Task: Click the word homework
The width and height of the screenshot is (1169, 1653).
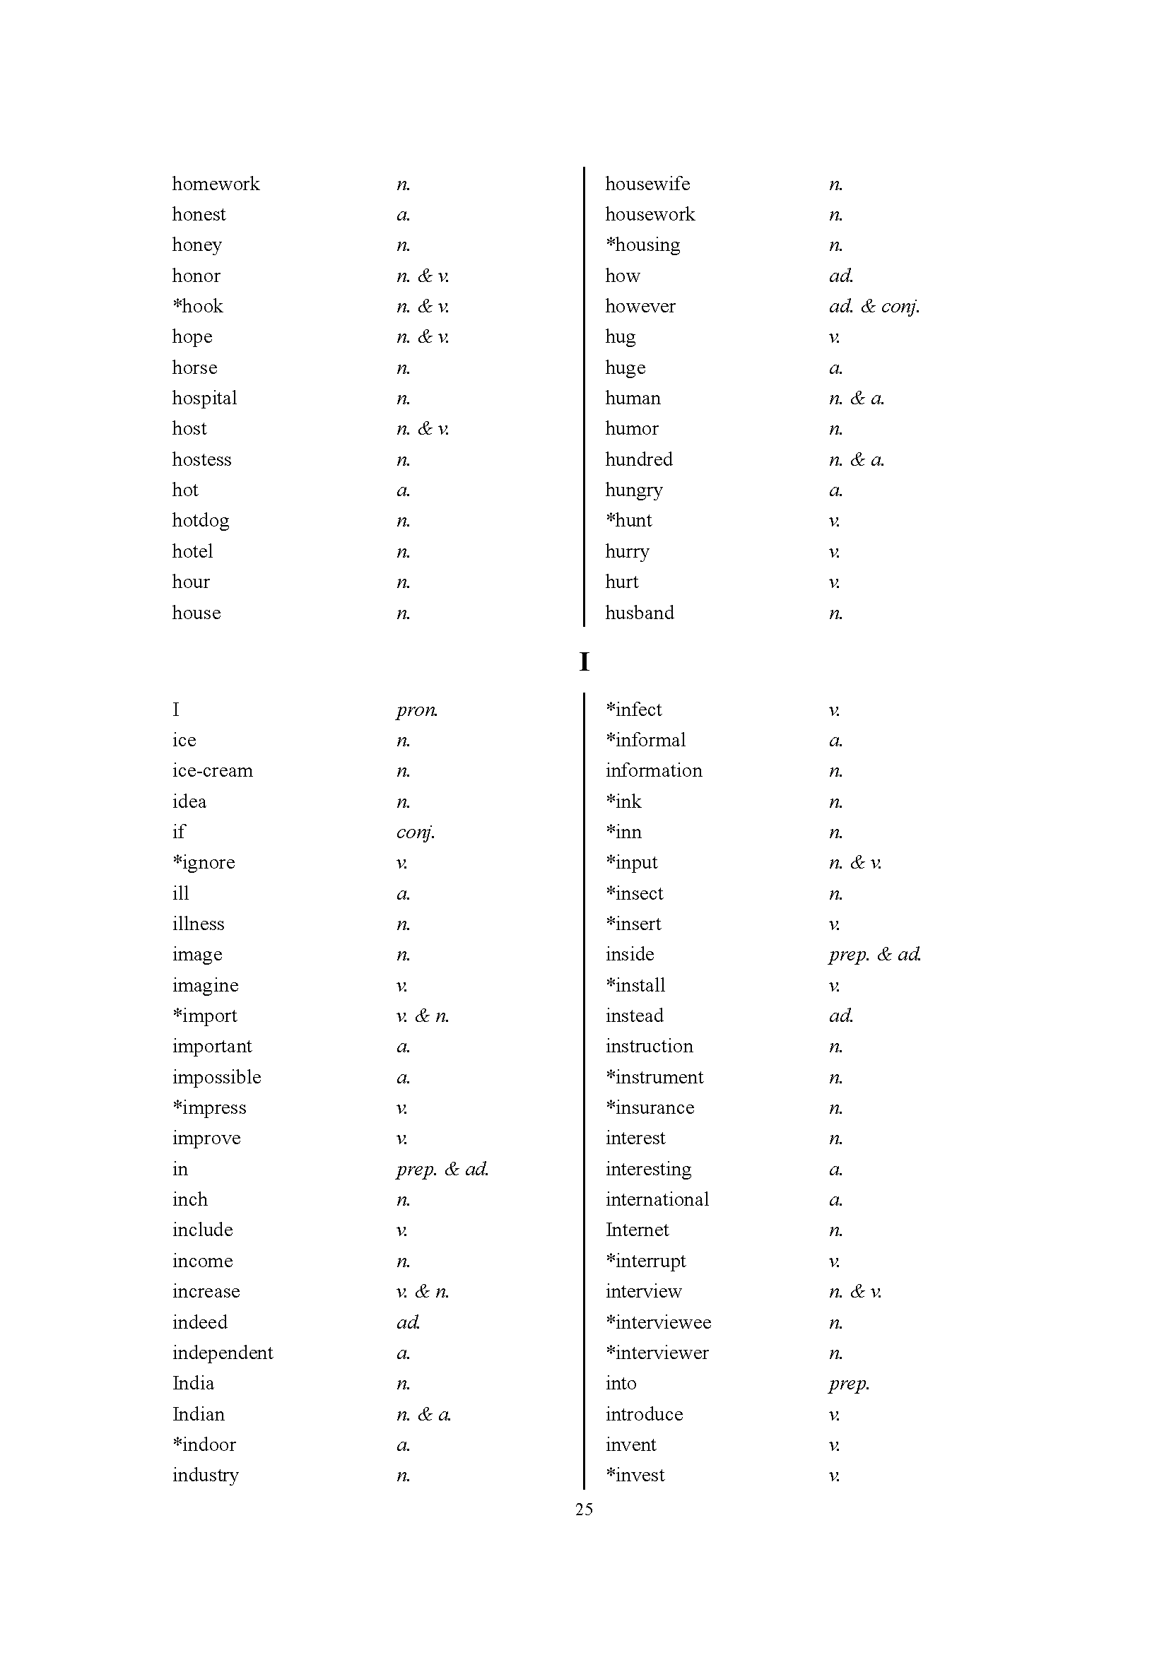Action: click(216, 184)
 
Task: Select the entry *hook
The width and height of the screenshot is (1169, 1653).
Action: click(198, 307)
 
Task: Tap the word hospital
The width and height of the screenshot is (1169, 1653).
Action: click(204, 398)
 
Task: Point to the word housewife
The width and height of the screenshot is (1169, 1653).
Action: click(647, 184)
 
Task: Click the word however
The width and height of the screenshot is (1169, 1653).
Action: click(640, 307)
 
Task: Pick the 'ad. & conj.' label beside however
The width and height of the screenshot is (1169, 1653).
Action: click(874, 307)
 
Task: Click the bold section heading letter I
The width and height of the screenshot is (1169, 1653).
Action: click(584, 661)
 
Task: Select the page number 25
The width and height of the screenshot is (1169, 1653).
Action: click(584, 1509)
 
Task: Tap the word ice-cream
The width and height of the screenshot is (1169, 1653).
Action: click(212, 771)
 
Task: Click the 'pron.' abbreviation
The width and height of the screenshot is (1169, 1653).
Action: click(417, 710)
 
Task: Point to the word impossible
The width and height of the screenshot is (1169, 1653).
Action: click(217, 1077)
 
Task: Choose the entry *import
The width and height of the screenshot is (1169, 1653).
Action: click(205, 1016)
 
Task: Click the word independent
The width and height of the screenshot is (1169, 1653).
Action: click(223, 1353)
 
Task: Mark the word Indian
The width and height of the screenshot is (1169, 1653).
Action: click(198, 1414)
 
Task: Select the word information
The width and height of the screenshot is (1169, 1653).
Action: click(654, 771)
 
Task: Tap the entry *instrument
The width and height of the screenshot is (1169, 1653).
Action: click(654, 1077)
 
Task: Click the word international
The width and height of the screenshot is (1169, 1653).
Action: click(657, 1199)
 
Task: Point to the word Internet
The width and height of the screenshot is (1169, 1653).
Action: click(637, 1230)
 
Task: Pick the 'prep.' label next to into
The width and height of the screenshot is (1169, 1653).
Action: click(849, 1384)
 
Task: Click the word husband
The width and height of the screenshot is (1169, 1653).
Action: click(639, 613)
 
